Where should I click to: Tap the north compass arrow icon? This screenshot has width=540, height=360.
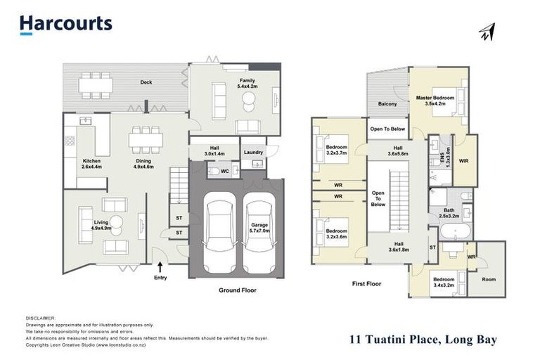tap(487, 32)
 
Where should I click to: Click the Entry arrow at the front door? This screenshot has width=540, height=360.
tap(161, 266)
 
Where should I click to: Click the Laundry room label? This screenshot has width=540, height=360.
tap(252, 152)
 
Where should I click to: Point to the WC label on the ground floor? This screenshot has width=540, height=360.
tap(224, 171)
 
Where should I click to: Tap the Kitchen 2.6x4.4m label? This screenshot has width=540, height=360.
tap(92, 165)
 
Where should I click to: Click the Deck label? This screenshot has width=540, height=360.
tap(146, 82)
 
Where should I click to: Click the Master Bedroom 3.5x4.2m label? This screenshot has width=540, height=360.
tap(435, 101)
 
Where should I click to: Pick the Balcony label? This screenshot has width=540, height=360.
tap(387, 104)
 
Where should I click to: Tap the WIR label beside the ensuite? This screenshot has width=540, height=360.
tap(465, 161)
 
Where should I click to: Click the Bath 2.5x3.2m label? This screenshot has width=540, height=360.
tap(448, 220)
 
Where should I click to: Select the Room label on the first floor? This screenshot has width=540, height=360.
tap(488, 279)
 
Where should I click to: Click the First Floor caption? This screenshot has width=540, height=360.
tap(366, 284)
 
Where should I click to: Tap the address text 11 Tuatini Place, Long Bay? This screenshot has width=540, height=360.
tap(423, 340)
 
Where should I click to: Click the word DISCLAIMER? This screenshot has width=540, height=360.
tap(40, 318)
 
